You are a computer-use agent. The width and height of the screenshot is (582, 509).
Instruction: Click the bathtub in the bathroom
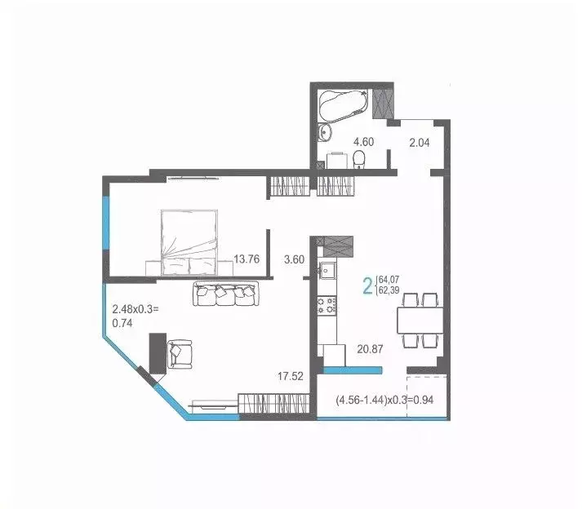pyautogui.click(x=343, y=105)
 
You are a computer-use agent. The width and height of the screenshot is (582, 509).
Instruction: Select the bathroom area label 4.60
pyautogui.click(x=363, y=141)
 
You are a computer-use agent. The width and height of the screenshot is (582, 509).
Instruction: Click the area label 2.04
pyautogui.click(x=420, y=141)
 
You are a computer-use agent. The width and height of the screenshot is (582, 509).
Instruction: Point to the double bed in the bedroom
pyautogui.click(x=190, y=240)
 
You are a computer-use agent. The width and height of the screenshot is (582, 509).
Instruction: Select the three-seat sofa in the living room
pyautogui.click(x=225, y=294)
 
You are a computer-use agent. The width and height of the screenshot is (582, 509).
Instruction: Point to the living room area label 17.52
pyautogui.click(x=291, y=376)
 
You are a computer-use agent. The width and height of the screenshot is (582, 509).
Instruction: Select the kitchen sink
pyautogui.click(x=328, y=269)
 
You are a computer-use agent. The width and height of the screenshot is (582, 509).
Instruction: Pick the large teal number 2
pyautogui.click(x=367, y=285)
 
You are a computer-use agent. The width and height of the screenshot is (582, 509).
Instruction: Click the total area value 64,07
pyautogui.click(x=389, y=280)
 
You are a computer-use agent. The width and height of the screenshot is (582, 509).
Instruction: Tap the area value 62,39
pyautogui.click(x=389, y=291)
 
